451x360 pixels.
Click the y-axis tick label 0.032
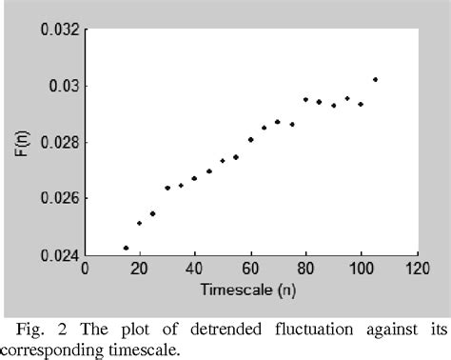(x=59, y=30)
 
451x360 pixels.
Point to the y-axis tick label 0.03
(x=63, y=86)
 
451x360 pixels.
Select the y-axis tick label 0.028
(x=59, y=142)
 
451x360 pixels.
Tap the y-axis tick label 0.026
(x=59, y=198)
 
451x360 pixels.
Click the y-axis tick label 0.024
(x=59, y=254)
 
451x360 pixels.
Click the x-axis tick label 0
(x=85, y=270)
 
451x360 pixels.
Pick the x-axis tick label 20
(x=140, y=270)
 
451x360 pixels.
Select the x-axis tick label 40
(x=195, y=270)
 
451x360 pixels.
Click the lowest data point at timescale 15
(x=126, y=248)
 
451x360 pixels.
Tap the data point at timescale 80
(x=305, y=99)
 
